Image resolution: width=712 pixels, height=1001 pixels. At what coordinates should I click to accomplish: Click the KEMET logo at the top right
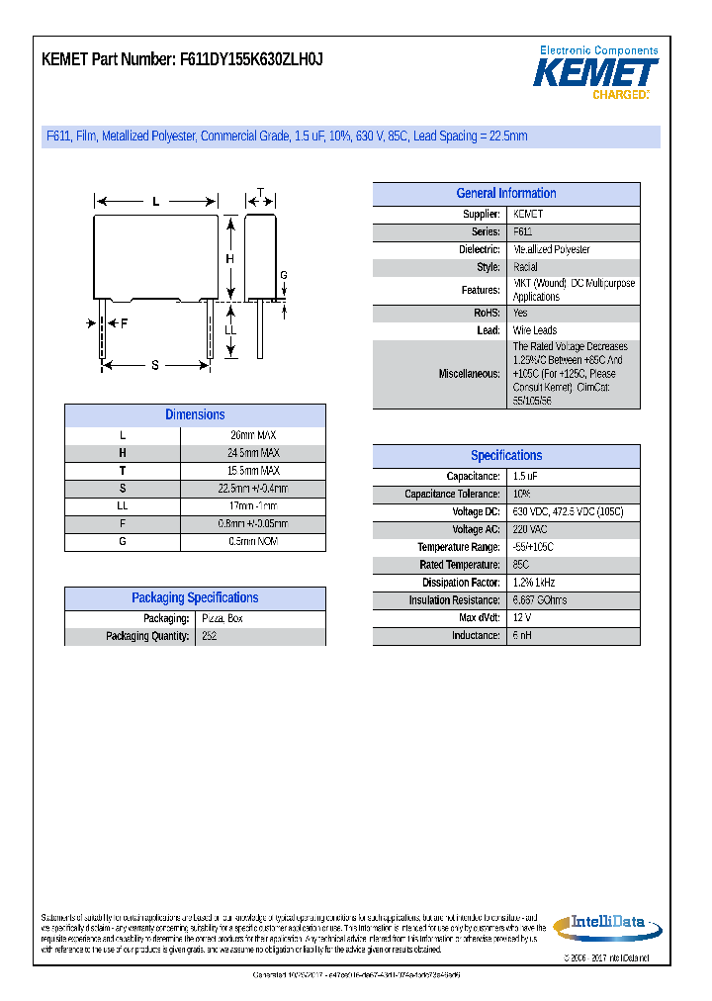click(595, 73)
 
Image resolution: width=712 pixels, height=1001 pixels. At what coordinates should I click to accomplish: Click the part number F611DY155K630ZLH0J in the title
click(251, 59)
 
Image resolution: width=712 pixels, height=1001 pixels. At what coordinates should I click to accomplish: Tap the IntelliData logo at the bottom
click(599, 925)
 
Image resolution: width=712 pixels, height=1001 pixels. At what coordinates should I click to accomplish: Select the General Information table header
click(505, 194)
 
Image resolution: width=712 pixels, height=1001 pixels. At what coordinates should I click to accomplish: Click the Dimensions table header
click(195, 415)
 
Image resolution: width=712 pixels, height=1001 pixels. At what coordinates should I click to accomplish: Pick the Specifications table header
click(505, 456)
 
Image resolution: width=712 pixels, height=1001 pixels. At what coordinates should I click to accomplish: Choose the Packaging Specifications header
click(195, 598)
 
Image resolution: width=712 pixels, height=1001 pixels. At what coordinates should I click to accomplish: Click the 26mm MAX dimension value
click(252, 435)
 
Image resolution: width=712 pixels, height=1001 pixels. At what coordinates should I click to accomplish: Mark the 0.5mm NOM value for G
click(252, 542)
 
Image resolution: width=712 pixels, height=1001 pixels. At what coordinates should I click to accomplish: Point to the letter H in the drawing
click(229, 260)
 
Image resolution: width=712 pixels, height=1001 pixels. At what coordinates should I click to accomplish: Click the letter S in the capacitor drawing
click(155, 365)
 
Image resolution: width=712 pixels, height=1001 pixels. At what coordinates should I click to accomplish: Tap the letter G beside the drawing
click(283, 275)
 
